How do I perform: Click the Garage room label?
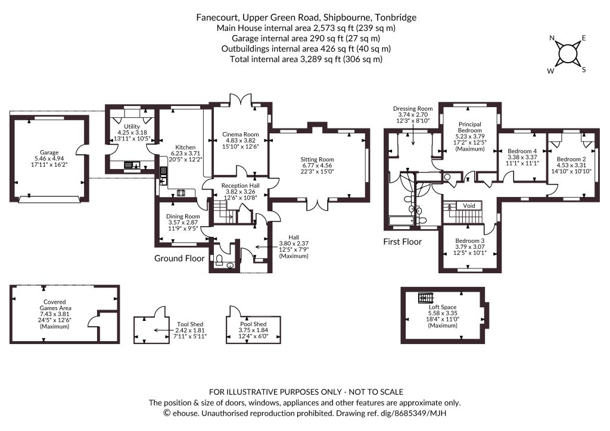point(49,153)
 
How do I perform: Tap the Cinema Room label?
point(241,135)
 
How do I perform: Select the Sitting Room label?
point(317,160)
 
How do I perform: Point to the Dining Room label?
point(183,217)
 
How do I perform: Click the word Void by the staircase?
point(469,205)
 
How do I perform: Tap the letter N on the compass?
point(552,38)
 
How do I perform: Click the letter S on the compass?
point(584,70)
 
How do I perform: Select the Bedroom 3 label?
point(470,241)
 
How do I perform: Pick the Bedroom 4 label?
point(522,151)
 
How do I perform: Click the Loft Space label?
point(443,307)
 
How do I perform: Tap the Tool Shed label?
point(190,324)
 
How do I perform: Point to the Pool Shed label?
point(253,324)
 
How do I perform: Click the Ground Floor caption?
point(179,258)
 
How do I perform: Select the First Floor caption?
point(402,242)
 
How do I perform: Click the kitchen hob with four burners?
point(181,192)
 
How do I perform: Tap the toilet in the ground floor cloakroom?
point(219,259)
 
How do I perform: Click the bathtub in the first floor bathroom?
point(402,221)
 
